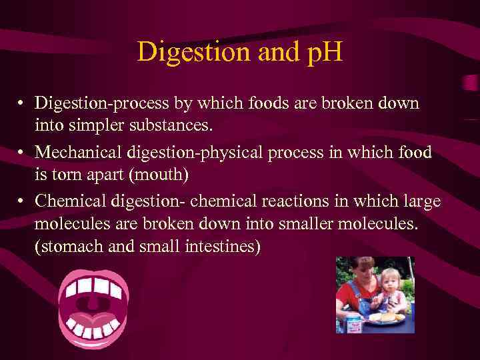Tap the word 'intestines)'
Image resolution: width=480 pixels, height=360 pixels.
coord(223,246)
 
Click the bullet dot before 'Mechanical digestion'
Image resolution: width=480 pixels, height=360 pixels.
coord(23,153)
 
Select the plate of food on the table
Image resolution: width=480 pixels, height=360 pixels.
coord(385,319)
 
